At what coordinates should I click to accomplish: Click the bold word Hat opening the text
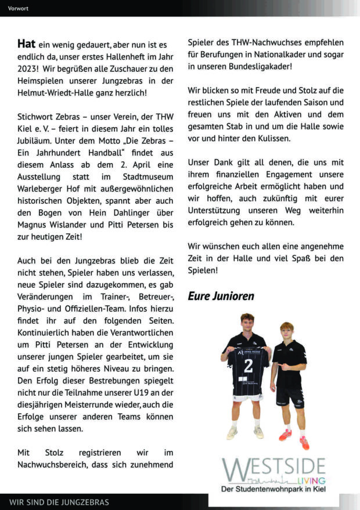coord(26,44)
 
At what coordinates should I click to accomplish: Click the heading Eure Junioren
coord(220,296)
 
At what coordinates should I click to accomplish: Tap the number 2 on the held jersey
coord(249,366)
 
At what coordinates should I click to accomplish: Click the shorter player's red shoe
coord(285,435)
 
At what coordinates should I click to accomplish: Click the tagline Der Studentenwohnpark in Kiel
coord(273,490)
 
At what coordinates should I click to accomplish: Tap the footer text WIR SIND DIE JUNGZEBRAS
coord(59,502)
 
